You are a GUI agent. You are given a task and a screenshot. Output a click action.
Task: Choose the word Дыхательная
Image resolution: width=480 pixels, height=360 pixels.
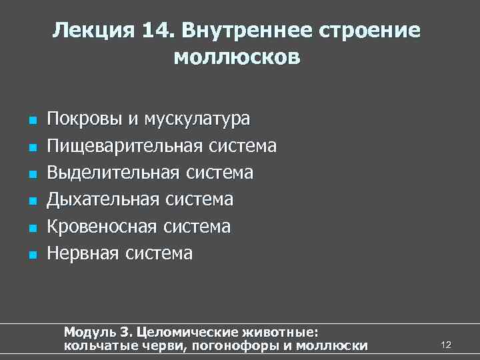click(103, 199)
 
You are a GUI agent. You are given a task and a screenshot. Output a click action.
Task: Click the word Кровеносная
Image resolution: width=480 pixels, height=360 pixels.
click(102, 227)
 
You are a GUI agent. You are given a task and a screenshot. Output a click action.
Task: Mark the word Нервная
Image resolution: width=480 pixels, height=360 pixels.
click(83, 253)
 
